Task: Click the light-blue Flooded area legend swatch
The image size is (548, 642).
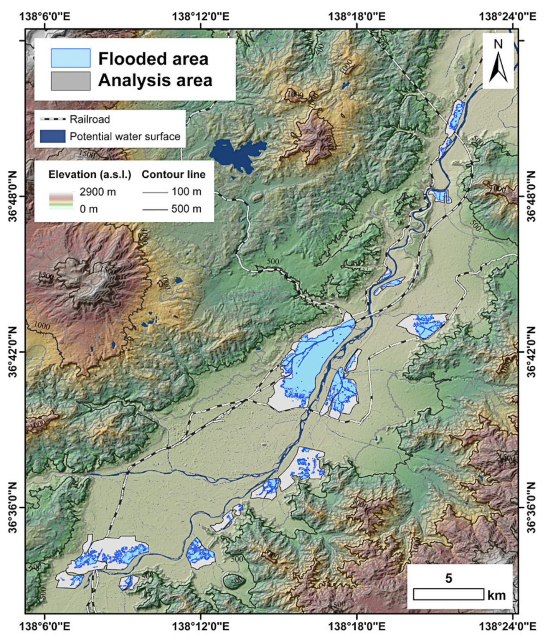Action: (71, 58)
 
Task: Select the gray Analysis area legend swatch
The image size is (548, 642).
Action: (71, 81)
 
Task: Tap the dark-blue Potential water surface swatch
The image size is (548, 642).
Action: (53, 136)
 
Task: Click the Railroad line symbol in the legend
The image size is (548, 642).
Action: (53, 119)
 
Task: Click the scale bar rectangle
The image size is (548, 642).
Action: (448, 594)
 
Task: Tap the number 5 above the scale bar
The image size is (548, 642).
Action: (449, 578)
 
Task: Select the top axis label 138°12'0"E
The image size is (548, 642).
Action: (200, 17)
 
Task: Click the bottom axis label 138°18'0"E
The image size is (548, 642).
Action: (357, 626)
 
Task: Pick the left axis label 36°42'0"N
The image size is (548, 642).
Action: (13, 352)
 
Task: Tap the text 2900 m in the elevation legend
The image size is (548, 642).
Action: (97, 192)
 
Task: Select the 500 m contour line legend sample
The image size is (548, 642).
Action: (155, 210)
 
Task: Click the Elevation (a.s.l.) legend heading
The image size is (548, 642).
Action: (89, 175)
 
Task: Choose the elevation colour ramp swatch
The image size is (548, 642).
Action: (61, 201)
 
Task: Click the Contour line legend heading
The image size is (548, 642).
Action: (173, 175)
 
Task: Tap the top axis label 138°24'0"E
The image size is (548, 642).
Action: (507, 17)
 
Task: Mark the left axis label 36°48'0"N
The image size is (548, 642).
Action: (13, 196)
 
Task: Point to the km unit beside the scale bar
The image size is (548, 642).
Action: (497, 596)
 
